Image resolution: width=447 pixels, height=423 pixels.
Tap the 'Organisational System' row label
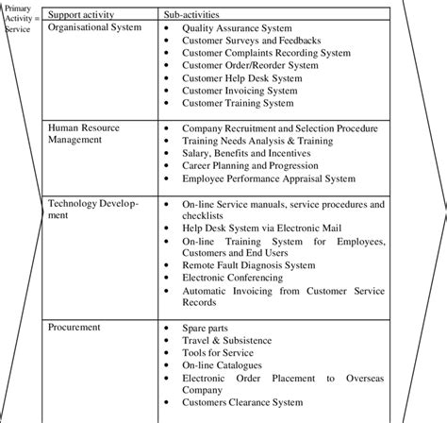coord(95,28)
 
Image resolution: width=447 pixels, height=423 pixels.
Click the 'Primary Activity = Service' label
coord(18,17)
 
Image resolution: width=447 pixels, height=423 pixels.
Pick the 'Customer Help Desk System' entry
coord(242,78)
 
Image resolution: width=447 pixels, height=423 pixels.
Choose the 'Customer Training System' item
coord(240,103)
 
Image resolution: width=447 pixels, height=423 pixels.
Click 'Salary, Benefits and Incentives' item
coord(252,151)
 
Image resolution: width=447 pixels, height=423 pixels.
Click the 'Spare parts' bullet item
coord(207,328)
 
